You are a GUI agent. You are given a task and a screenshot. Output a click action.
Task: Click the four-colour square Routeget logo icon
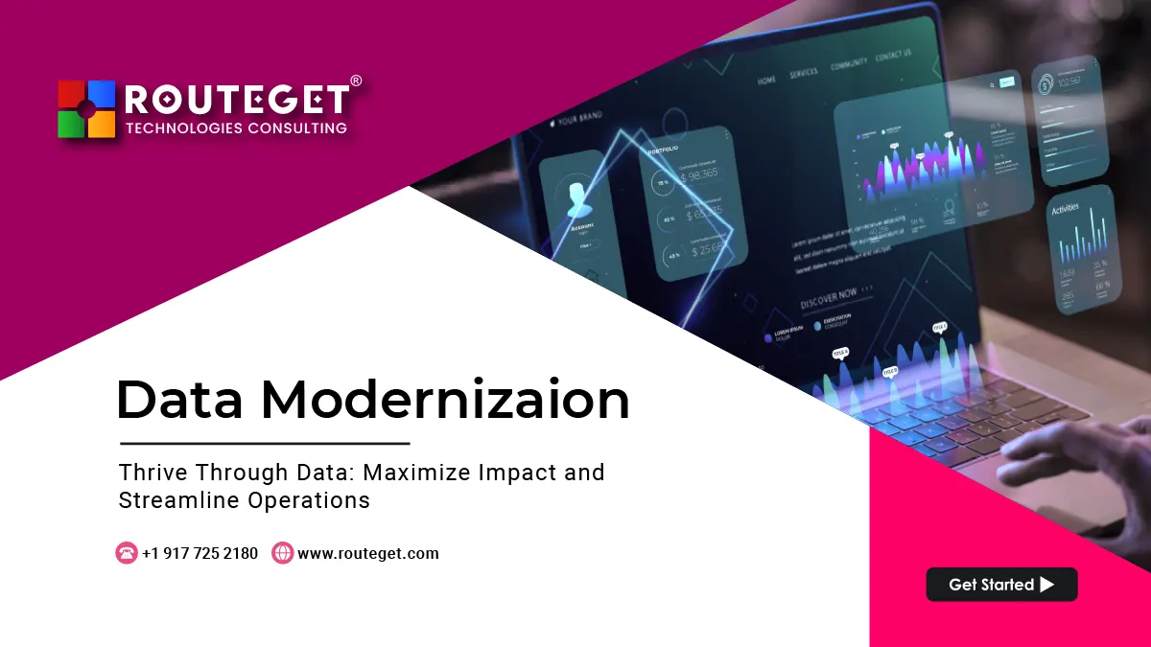(x=86, y=109)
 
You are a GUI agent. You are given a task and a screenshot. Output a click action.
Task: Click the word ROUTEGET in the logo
(x=236, y=101)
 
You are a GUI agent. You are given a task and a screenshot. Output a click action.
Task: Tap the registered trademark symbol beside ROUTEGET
(x=356, y=81)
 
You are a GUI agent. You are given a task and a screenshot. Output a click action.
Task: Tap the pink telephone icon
(x=127, y=553)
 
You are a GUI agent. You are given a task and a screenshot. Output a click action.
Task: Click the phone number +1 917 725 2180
(x=200, y=553)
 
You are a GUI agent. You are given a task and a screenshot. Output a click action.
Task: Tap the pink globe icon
(x=282, y=553)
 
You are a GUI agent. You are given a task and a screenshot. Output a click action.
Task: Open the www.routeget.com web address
(x=368, y=553)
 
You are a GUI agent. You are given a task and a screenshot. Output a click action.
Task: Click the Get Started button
(x=1001, y=585)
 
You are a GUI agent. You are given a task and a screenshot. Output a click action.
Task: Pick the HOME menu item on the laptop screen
(x=766, y=81)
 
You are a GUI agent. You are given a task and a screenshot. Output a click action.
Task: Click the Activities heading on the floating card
(x=1065, y=208)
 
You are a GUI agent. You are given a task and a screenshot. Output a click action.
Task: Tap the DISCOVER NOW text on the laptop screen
(x=829, y=297)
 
